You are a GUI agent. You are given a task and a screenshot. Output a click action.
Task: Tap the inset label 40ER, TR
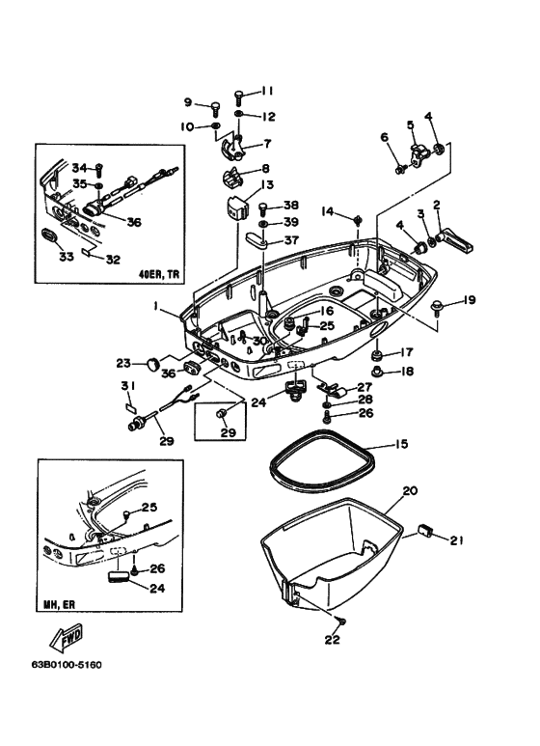coord(159,273)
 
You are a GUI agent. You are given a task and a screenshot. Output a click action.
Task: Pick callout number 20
coord(410,491)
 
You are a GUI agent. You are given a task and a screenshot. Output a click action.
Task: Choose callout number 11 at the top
coord(267,91)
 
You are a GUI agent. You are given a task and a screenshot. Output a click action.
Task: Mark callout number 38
coord(291,206)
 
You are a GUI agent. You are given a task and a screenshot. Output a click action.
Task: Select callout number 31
coord(125,387)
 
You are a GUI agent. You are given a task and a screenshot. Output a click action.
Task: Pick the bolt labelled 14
coord(358,221)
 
